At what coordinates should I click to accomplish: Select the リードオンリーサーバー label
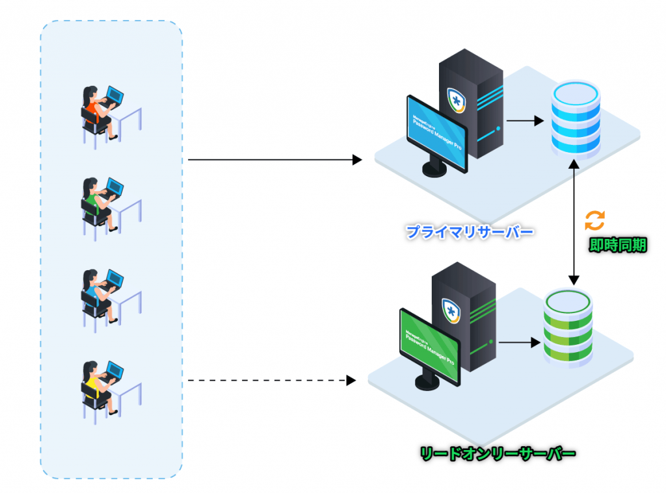[497, 453]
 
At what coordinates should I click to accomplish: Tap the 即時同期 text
[617, 245]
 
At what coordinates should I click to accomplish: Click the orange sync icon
[594, 220]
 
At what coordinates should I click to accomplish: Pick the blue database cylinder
[574, 118]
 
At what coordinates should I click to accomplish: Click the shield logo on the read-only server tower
[451, 309]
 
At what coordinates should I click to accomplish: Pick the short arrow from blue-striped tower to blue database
[524, 121]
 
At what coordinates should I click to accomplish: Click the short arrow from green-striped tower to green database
[519, 340]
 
